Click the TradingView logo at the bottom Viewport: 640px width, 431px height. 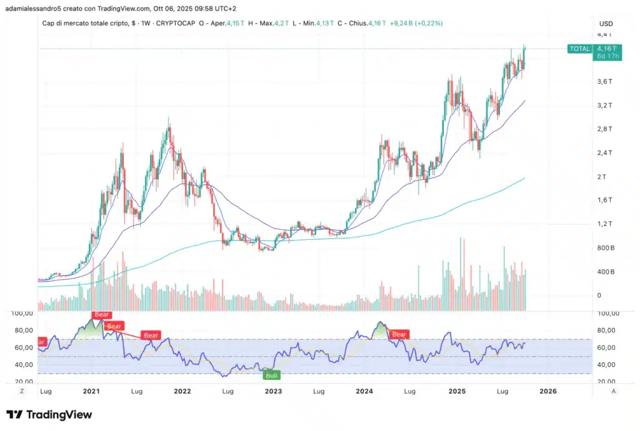coord(49,415)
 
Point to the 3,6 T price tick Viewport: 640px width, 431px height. coord(604,82)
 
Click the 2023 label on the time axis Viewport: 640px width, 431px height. coord(273,392)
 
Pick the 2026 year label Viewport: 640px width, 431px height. coord(548,392)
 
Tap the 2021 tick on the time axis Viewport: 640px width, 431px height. coord(91,392)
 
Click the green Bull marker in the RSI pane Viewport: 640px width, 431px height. coord(271,375)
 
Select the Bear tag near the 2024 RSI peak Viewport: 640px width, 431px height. coord(399,335)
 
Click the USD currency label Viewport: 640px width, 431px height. coord(606,24)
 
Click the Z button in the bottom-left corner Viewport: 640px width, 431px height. coord(21,391)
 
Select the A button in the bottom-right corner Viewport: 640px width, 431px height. coord(614,391)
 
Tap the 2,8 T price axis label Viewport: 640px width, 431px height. coord(604,129)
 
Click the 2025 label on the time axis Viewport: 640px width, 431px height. coord(457,392)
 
